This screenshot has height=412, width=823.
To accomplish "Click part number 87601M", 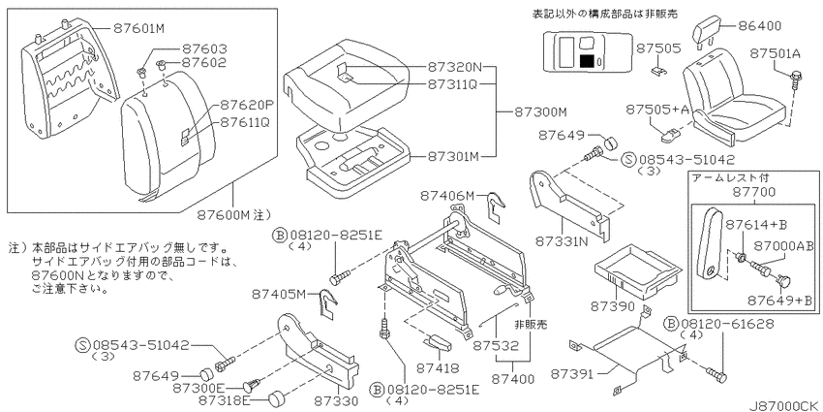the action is coord(139,29).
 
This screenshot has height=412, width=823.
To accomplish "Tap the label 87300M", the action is coord(540,111).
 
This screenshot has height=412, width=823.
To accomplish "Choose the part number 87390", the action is coord(614,306).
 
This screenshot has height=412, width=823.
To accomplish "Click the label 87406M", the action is coord(447,196).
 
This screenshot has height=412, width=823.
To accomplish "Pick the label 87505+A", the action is coord(656,109).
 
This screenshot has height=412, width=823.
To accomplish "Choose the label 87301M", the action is coord(453,156).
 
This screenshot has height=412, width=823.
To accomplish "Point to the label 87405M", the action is coord(279,295).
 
